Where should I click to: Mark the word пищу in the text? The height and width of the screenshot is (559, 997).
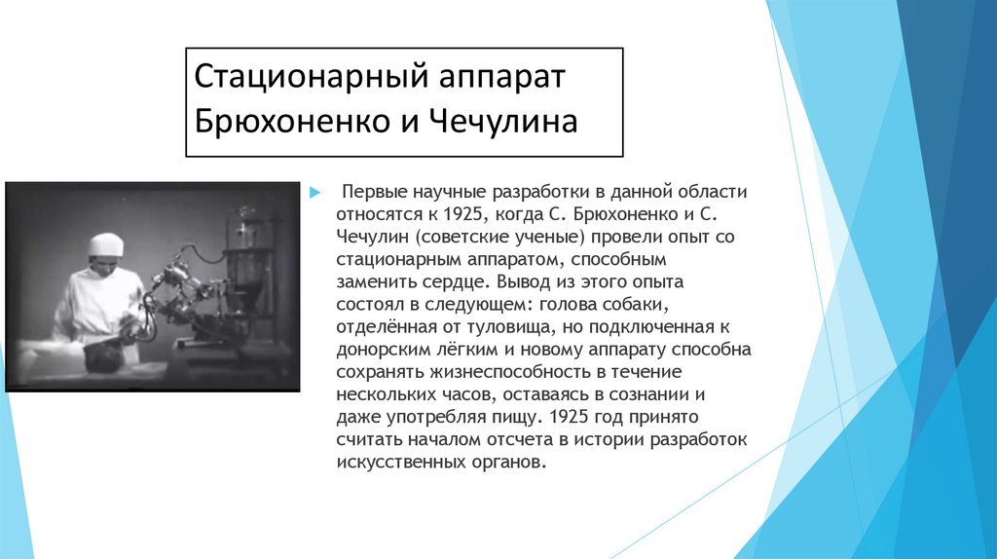(x=511, y=417)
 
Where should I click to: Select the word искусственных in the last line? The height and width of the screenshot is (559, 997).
(x=390, y=462)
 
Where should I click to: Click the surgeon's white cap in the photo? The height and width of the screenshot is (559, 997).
(x=106, y=244)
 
